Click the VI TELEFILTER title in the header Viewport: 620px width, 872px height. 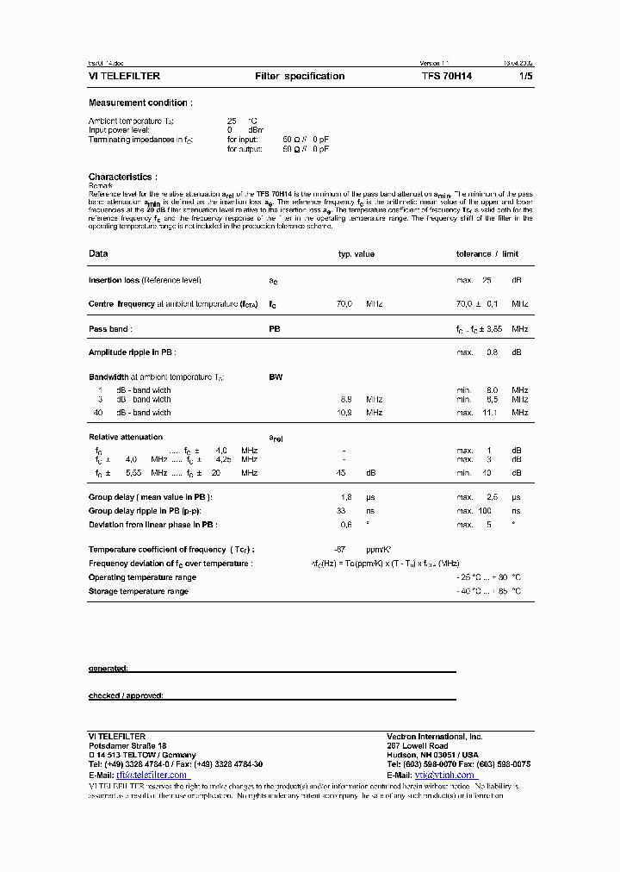click(124, 77)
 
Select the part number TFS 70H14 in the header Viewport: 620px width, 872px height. click(446, 77)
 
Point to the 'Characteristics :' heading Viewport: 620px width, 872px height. click(121, 178)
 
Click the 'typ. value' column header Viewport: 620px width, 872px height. click(356, 254)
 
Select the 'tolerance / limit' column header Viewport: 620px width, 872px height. click(487, 254)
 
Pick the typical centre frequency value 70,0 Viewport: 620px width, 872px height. click(344, 304)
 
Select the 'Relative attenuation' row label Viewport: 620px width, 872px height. click(126, 438)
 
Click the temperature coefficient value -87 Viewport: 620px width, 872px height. click(339, 550)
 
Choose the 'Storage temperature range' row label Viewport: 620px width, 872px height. click(138, 592)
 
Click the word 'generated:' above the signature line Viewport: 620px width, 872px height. click(108, 669)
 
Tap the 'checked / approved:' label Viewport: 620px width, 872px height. click(126, 695)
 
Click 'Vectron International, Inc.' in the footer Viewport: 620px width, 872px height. click(435, 738)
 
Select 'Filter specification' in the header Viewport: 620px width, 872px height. click(300, 77)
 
